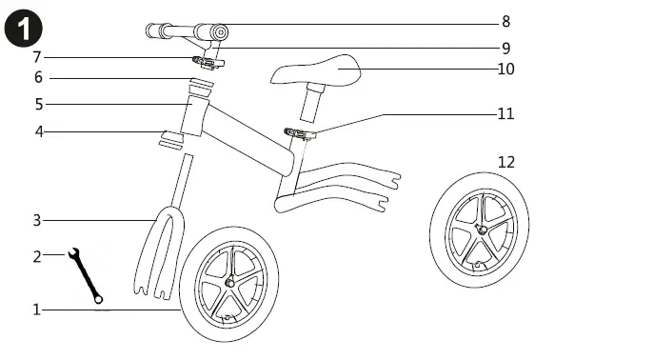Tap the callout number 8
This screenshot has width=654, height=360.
505,22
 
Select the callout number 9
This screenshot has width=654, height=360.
505,48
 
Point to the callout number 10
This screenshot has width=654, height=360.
505,69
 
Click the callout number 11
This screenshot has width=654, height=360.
505,113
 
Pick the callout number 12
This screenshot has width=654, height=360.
505,162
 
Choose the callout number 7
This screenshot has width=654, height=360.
37,57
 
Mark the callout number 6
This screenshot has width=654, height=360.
38,77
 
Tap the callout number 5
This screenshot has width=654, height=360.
38,103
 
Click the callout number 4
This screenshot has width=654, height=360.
38,130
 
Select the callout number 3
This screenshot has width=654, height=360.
36,221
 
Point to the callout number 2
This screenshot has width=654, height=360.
36,255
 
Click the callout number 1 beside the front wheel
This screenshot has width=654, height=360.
36,310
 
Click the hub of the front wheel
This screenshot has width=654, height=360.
229,284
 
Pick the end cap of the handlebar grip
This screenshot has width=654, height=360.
220,33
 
